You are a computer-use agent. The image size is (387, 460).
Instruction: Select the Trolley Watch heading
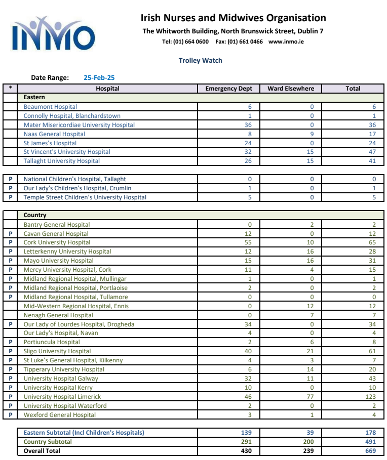click(x=200, y=60)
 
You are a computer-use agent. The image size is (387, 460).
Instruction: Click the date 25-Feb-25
click(x=99, y=78)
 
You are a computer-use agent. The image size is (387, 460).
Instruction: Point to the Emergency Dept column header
click(x=228, y=89)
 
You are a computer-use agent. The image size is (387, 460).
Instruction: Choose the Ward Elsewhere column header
click(x=291, y=89)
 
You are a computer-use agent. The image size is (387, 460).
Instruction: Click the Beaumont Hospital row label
click(x=50, y=107)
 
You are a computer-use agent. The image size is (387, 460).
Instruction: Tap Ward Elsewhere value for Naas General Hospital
click(x=312, y=134)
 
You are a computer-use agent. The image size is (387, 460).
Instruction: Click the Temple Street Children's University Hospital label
click(x=85, y=197)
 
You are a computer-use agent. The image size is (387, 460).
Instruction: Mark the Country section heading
click(x=35, y=215)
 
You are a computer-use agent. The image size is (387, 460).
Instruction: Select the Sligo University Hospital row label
click(x=57, y=351)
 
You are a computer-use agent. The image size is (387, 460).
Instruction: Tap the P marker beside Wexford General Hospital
click(x=10, y=415)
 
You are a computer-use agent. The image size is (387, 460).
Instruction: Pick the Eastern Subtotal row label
click(x=84, y=433)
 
